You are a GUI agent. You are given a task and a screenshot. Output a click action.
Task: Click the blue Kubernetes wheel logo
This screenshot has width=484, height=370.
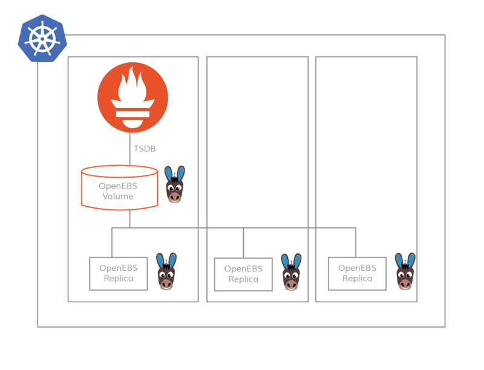pyautogui.click(x=42, y=39)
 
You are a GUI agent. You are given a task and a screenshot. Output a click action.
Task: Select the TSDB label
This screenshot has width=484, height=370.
pyautogui.click(x=145, y=149)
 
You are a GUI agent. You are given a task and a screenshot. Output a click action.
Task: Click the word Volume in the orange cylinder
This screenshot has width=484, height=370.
pyautogui.click(x=118, y=196)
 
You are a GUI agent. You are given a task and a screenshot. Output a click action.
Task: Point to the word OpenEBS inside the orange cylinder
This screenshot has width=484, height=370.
pyautogui.click(x=118, y=186)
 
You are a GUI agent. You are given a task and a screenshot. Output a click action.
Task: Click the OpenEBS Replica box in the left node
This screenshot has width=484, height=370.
pyautogui.click(x=119, y=273)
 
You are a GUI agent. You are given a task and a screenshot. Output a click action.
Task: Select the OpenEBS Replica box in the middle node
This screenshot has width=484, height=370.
pyautogui.click(x=243, y=274)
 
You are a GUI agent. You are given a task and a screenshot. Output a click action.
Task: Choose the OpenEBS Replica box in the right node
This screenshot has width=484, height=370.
pyautogui.click(x=357, y=273)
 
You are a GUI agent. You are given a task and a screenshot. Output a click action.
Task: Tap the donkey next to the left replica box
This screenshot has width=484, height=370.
pyautogui.click(x=166, y=271)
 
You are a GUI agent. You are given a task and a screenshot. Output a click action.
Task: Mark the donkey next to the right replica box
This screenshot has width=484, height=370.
pyautogui.click(x=405, y=271)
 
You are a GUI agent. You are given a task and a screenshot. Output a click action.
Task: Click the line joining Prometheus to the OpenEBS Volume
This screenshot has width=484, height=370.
pyautogui.click(x=129, y=154)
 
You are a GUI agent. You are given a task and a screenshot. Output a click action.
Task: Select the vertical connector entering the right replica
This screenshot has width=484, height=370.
pyautogui.click(x=355, y=242)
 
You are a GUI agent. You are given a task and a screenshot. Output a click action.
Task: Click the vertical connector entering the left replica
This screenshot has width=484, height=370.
pyautogui.click(x=112, y=242)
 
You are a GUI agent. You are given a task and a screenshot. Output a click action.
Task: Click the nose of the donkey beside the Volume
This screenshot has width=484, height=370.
pyautogui.click(x=175, y=196)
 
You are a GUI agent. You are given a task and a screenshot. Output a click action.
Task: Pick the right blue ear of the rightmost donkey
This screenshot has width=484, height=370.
pyautogui.click(x=411, y=261)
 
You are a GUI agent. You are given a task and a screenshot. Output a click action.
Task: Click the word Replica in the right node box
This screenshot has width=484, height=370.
pyautogui.click(x=357, y=279)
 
